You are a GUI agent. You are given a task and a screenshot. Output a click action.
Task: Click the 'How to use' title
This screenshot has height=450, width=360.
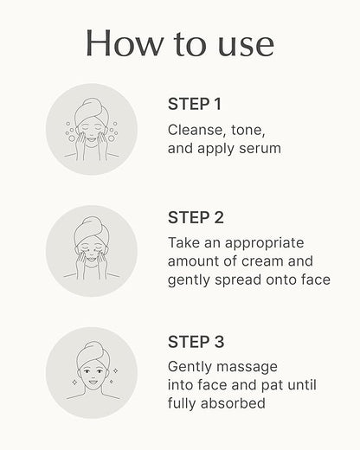pyautogui.click(x=180, y=43)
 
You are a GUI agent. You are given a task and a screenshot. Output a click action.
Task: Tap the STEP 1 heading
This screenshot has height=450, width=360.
pyautogui.click(x=195, y=104)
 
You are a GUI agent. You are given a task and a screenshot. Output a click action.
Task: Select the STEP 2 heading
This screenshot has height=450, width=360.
pyautogui.click(x=196, y=217)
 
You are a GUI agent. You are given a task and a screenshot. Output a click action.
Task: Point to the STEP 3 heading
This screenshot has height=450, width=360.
pyautogui.click(x=196, y=342)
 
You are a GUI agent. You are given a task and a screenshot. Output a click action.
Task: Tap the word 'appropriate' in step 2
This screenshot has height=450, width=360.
pyautogui.click(x=265, y=244)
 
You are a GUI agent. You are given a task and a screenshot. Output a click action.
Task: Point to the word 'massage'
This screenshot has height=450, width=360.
pyautogui.click(x=247, y=368)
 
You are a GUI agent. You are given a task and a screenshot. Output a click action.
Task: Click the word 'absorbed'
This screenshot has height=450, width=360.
pyautogui.click(x=233, y=403)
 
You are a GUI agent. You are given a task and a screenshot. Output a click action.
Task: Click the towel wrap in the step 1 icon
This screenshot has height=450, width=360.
pyautogui.click(x=91, y=110)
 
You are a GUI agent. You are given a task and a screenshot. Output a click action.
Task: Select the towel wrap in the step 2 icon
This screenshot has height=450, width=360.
pyautogui.click(x=91, y=229)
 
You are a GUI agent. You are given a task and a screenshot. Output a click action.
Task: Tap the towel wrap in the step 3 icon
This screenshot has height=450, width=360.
pyautogui.click(x=93, y=353)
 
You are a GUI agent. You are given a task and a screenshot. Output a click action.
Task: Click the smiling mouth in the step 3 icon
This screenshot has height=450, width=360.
pyautogui.click(x=93, y=382)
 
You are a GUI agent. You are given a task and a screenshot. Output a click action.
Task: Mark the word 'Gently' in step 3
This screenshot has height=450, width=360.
pyautogui.click(x=190, y=367)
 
